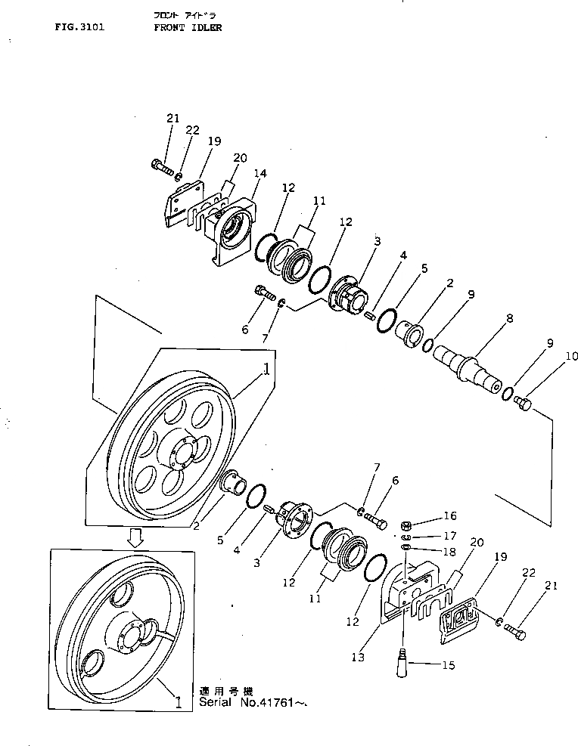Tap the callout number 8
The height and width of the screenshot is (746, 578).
pos(509,320)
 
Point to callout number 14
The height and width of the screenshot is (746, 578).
pos(259,173)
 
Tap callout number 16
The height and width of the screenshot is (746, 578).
pos(451,516)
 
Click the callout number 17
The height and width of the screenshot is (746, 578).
pos(451,536)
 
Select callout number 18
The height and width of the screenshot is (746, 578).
pos(451,553)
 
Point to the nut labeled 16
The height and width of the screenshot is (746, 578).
pos(406,524)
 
